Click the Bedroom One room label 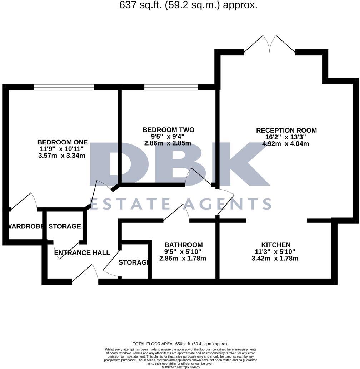(62, 142)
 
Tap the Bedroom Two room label (168, 129)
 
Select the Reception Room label (286, 131)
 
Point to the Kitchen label (276, 245)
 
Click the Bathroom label (183, 245)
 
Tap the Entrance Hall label (82, 253)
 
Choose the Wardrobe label (26, 226)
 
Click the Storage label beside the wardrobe (65, 226)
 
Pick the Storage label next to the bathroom (133, 262)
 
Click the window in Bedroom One (64, 87)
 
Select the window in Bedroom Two (171, 87)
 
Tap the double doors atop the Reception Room (270, 45)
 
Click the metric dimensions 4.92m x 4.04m (286, 144)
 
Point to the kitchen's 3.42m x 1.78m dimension (275, 258)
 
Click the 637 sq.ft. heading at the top (188, 5)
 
